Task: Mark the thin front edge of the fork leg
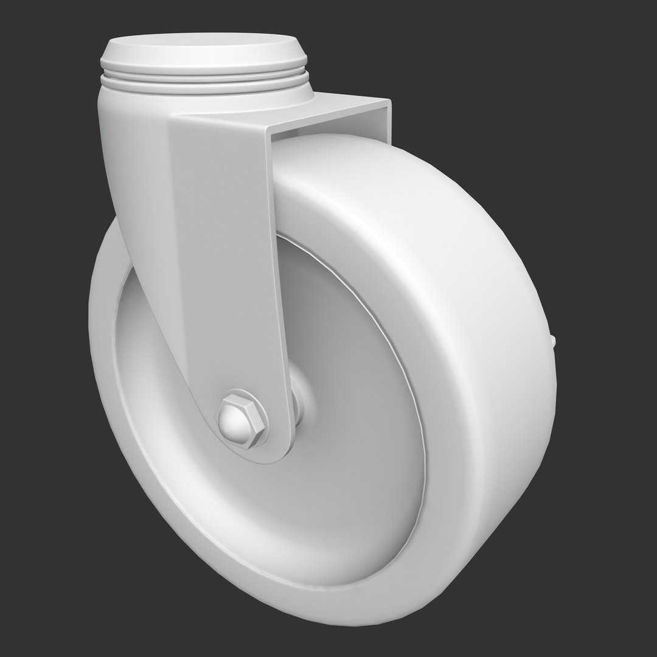coord(276,274)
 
